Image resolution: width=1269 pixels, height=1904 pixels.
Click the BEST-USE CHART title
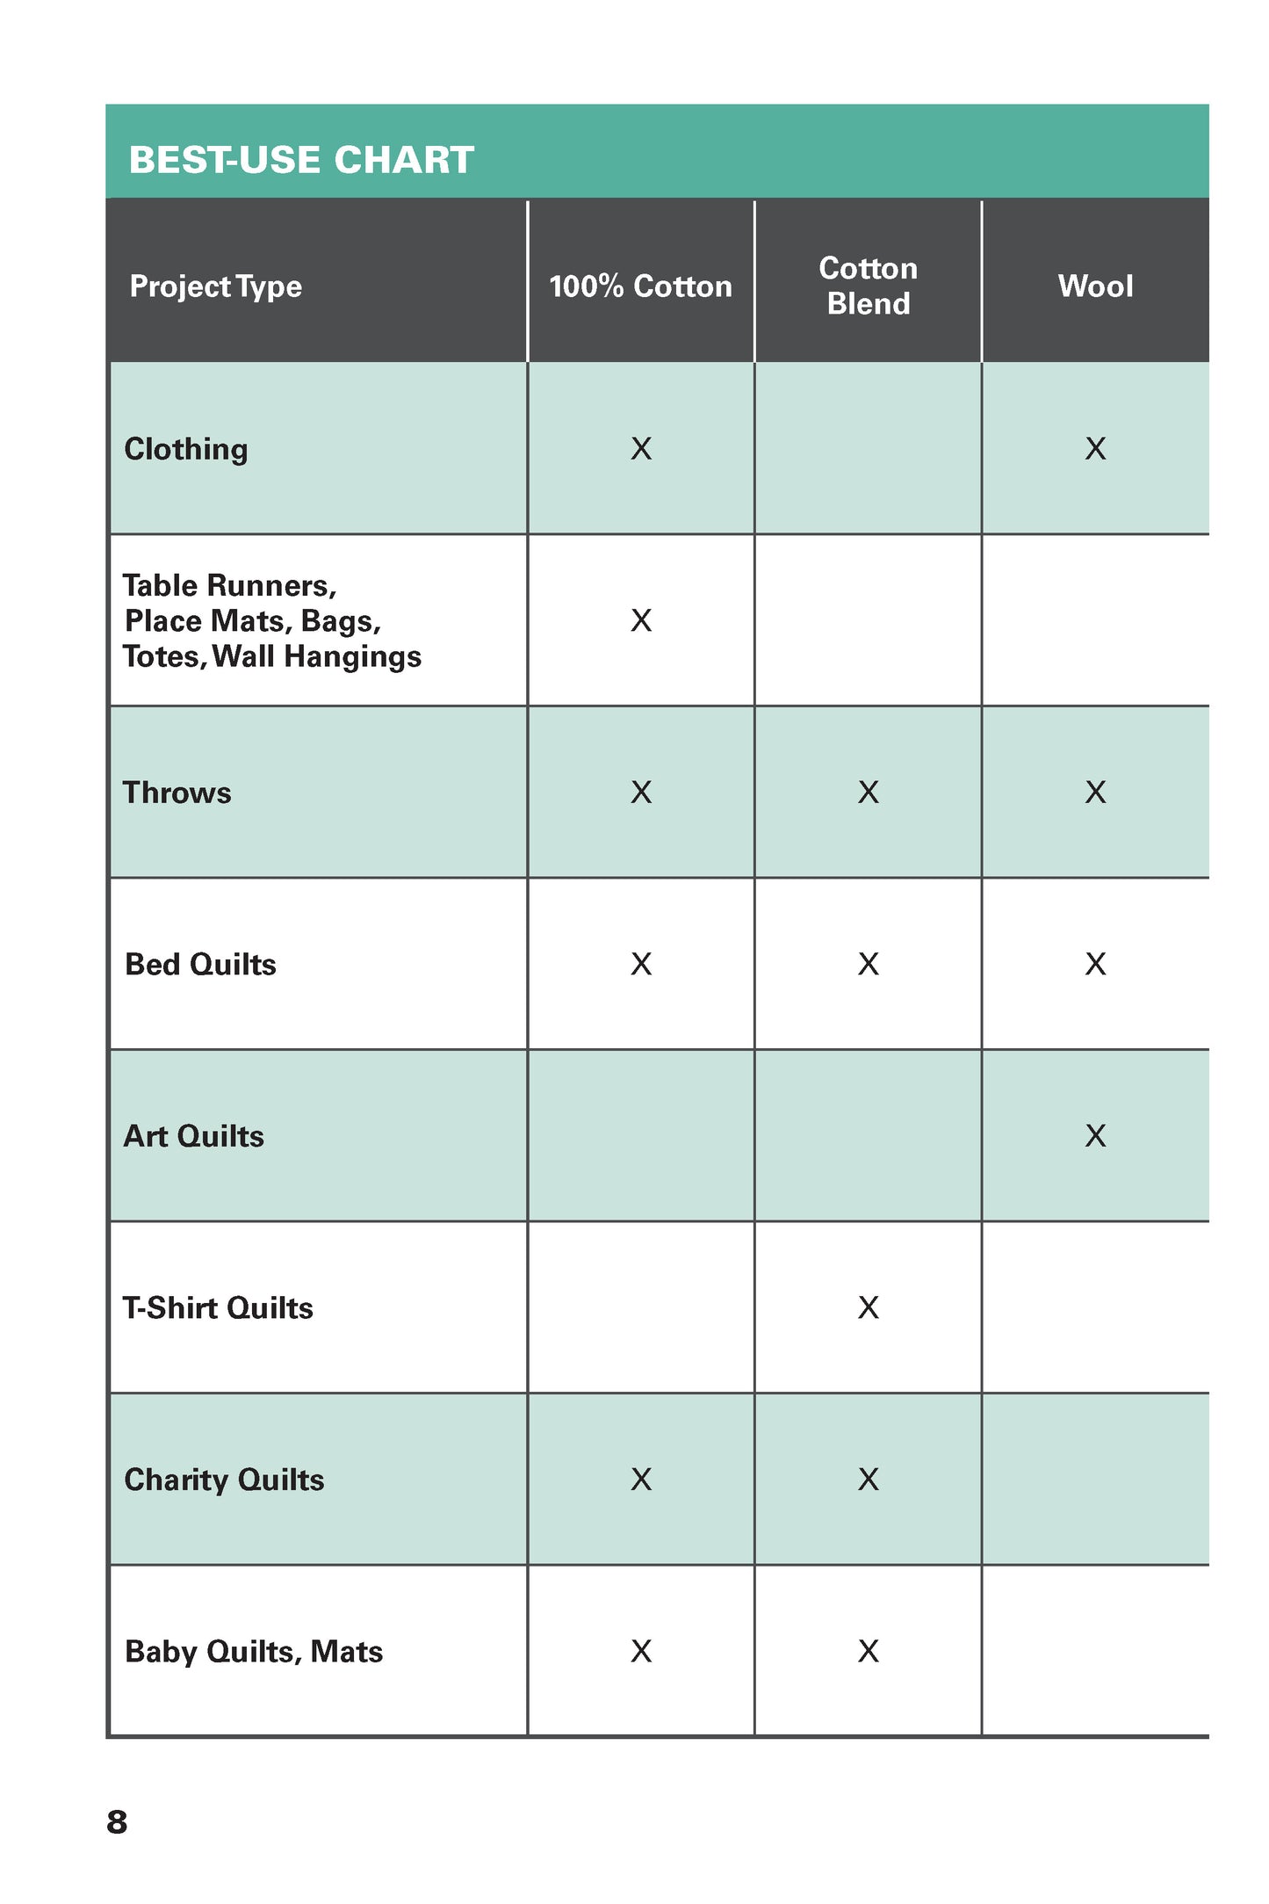[x=301, y=160]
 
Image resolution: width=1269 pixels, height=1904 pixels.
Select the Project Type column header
[x=215, y=286]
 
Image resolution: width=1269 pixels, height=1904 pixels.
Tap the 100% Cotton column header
[x=640, y=286]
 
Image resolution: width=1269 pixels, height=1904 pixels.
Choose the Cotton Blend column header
[x=868, y=286]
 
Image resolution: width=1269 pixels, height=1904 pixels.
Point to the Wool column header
[x=1095, y=286]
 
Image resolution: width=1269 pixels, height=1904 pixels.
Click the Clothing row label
[x=186, y=449]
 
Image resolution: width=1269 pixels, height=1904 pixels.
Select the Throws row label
[x=177, y=793]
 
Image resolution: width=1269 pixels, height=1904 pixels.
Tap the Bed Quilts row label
[x=200, y=965]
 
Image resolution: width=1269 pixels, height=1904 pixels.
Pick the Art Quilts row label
[x=193, y=1136]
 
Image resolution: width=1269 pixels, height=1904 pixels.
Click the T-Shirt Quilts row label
[x=218, y=1308]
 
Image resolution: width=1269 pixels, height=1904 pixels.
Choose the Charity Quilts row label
[x=224, y=1480]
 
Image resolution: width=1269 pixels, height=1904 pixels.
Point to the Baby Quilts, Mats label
[x=254, y=1652]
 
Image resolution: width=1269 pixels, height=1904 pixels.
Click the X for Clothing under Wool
[x=1095, y=449]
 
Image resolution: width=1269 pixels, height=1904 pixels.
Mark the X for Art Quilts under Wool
[x=1095, y=1136]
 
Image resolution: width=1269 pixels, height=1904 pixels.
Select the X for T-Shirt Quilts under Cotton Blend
[x=868, y=1308]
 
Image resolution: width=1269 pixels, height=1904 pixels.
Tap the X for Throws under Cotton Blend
[x=868, y=793]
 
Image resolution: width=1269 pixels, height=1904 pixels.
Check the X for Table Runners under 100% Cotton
[x=641, y=621]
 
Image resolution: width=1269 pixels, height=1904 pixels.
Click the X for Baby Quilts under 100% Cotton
[x=641, y=1652]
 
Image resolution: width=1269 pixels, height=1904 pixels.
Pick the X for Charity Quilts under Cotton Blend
[x=868, y=1480]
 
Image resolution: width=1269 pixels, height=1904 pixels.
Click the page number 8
[x=117, y=1822]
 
